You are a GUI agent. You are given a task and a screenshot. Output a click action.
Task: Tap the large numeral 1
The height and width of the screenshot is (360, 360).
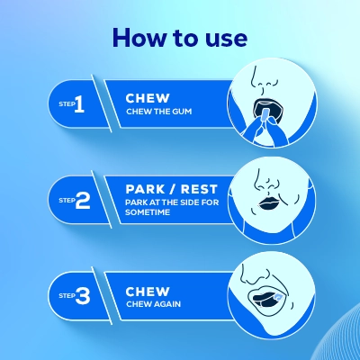click(x=79, y=105)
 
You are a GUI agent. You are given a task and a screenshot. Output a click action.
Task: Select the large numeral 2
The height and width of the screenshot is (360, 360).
click(x=82, y=201)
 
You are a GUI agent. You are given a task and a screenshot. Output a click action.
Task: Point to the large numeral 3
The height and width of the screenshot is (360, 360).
click(x=82, y=295)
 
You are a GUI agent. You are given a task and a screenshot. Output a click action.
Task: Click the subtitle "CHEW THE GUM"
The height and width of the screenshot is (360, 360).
click(x=161, y=112)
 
